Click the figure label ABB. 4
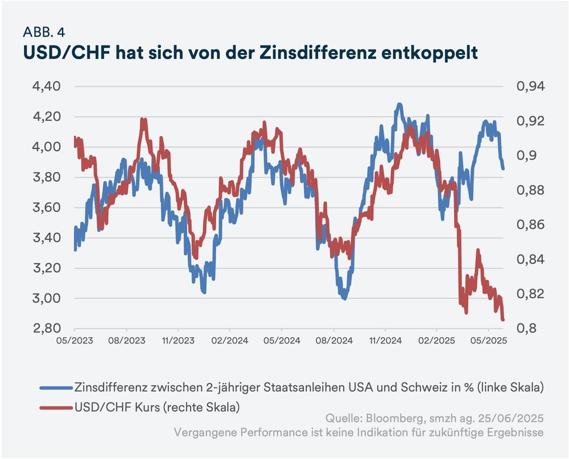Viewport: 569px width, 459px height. coord(48,31)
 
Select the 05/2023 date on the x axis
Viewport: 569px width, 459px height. coord(75,341)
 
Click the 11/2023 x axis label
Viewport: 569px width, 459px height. coord(178,341)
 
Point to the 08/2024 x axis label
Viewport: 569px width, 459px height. coord(333,341)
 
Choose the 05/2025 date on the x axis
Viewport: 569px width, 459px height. coord(488,341)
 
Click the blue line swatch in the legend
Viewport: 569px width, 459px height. coord(56,388)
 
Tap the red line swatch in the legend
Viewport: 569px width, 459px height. coord(56,407)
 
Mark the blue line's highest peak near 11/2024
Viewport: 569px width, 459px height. coord(399,105)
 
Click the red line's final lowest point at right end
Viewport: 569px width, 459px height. coord(503,320)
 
